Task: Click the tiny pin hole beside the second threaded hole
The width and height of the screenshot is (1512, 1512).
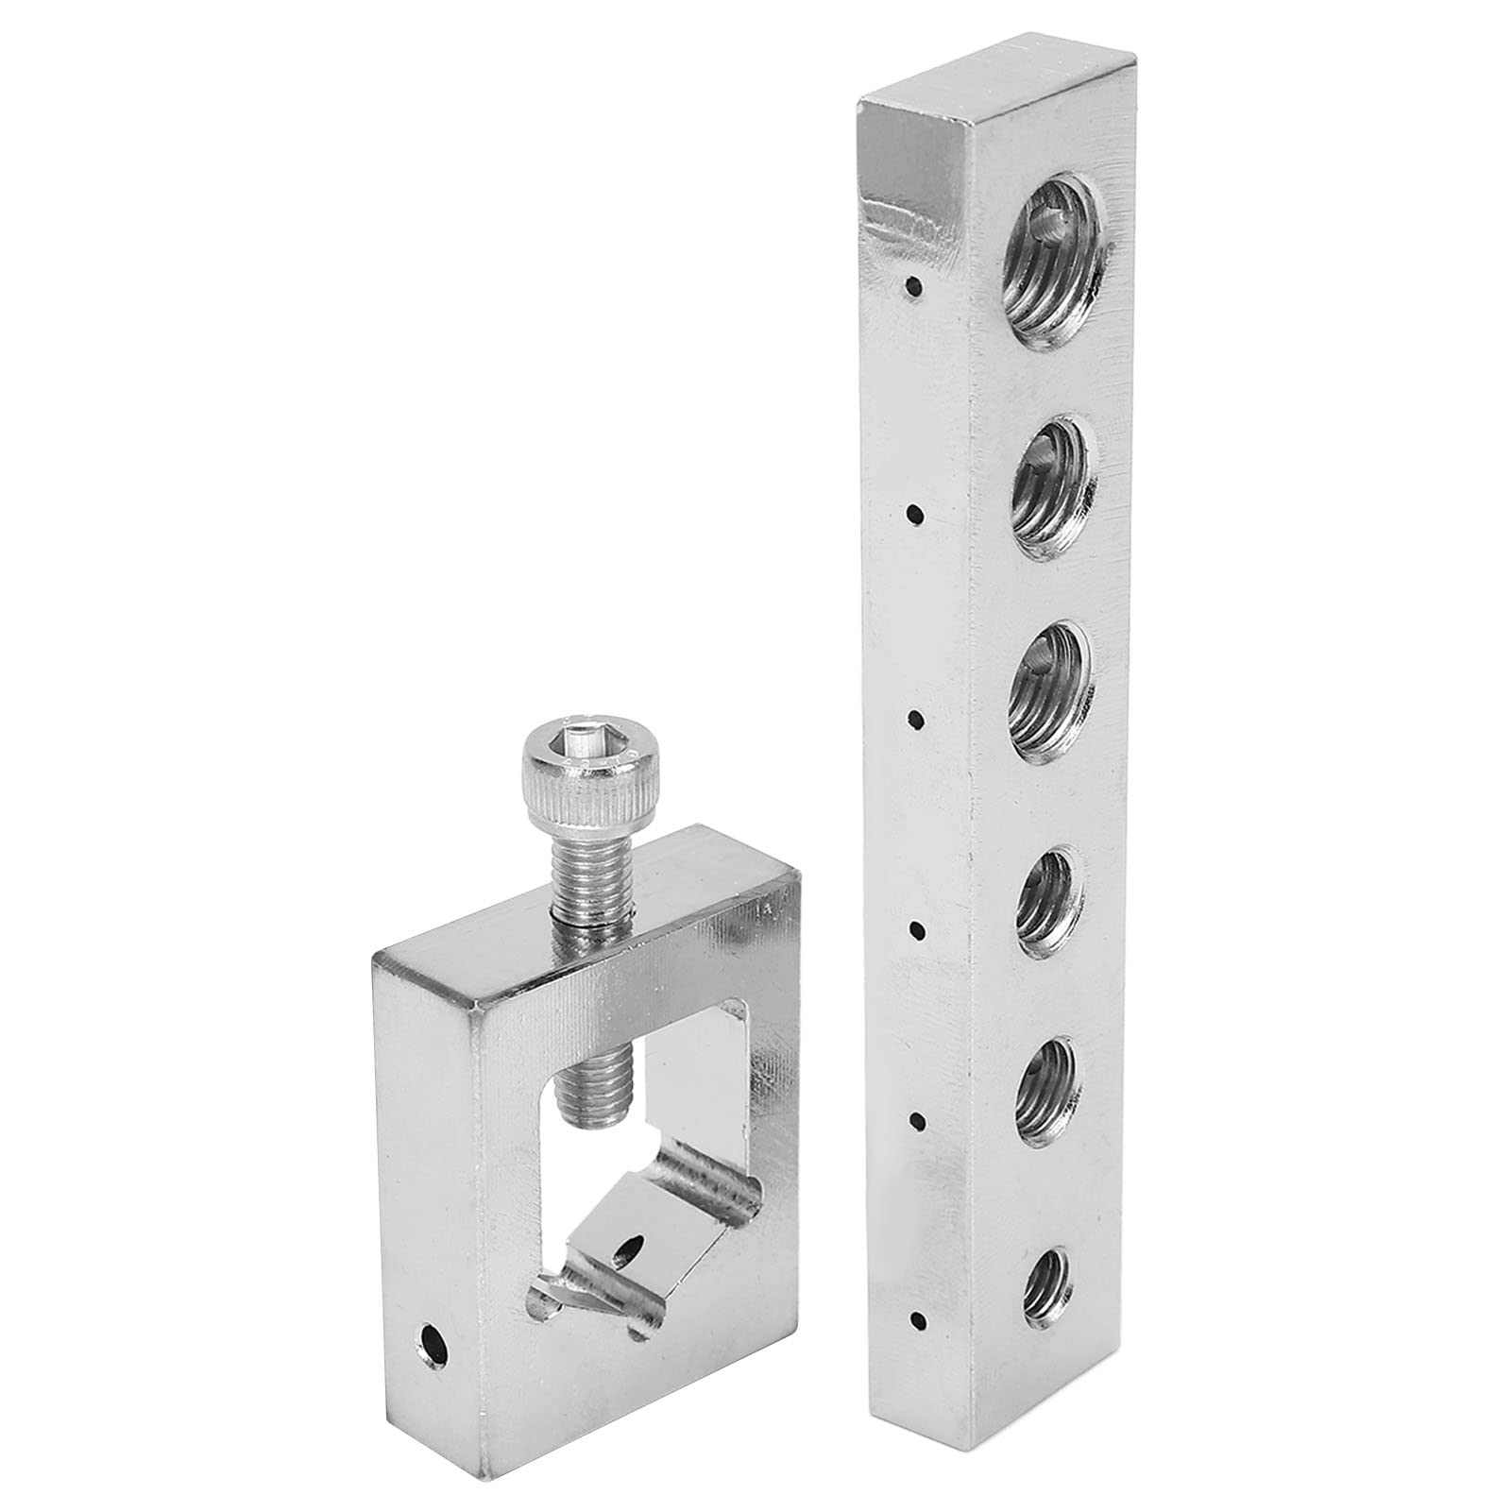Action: pos(913,514)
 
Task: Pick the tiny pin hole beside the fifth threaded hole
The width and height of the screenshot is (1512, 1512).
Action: pos(915,1121)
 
